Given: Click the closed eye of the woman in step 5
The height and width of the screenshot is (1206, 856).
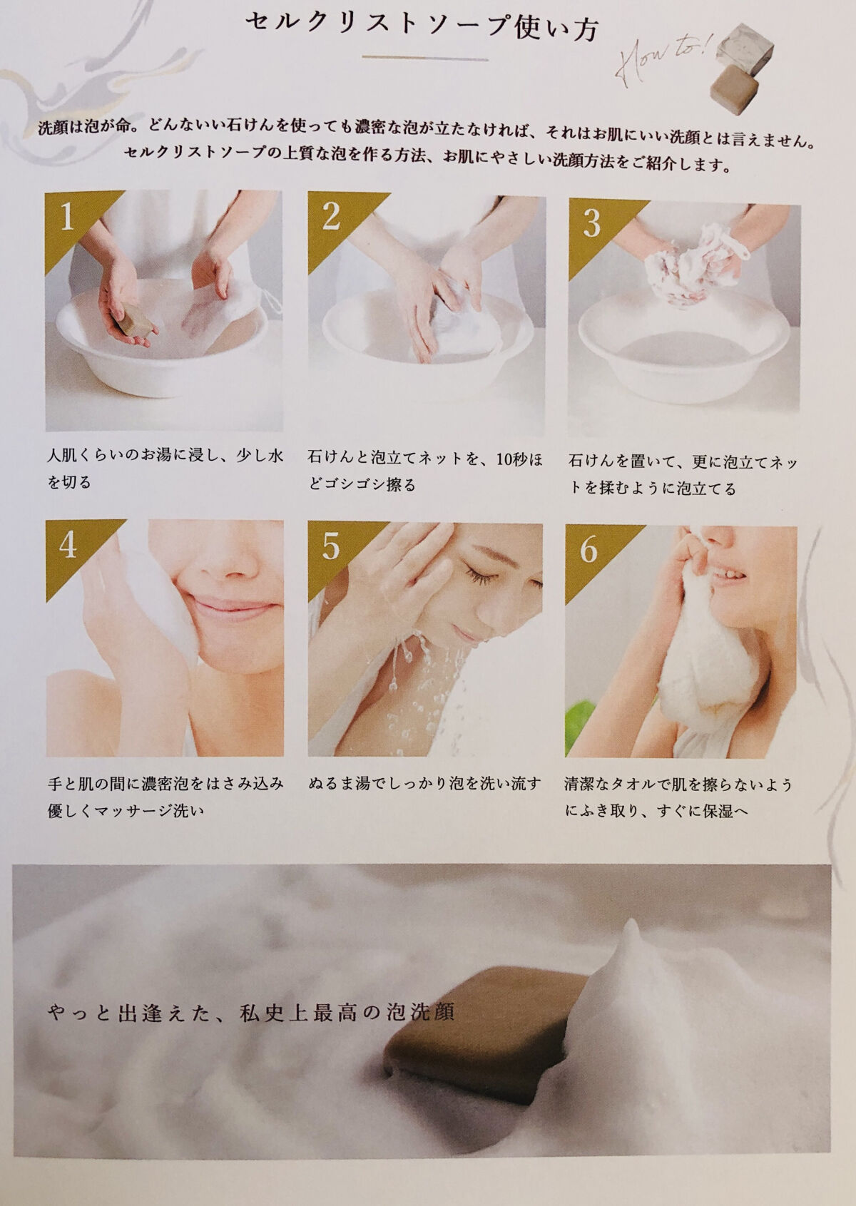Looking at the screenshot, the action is point(480,578).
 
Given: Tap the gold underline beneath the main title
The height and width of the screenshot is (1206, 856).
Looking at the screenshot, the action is point(424,58).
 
